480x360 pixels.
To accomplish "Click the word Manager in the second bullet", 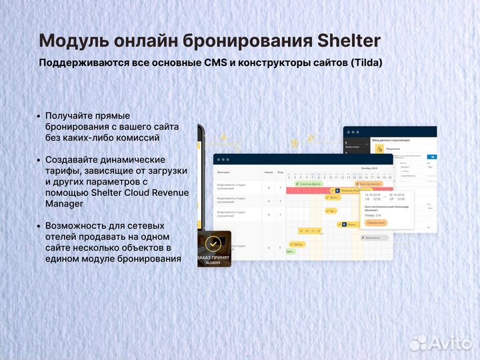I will (x=65, y=204).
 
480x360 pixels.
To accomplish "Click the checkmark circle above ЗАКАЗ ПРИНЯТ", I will (x=213, y=243).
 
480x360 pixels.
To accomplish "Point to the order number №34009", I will (x=213, y=262).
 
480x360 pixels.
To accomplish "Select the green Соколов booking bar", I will (x=309, y=183).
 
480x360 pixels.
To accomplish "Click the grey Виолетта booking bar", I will (x=373, y=237).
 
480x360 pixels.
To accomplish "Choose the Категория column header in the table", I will (x=224, y=172).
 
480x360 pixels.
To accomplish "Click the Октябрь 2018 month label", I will (x=369, y=169).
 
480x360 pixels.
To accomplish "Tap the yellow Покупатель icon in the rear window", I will (x=379, y=149).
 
